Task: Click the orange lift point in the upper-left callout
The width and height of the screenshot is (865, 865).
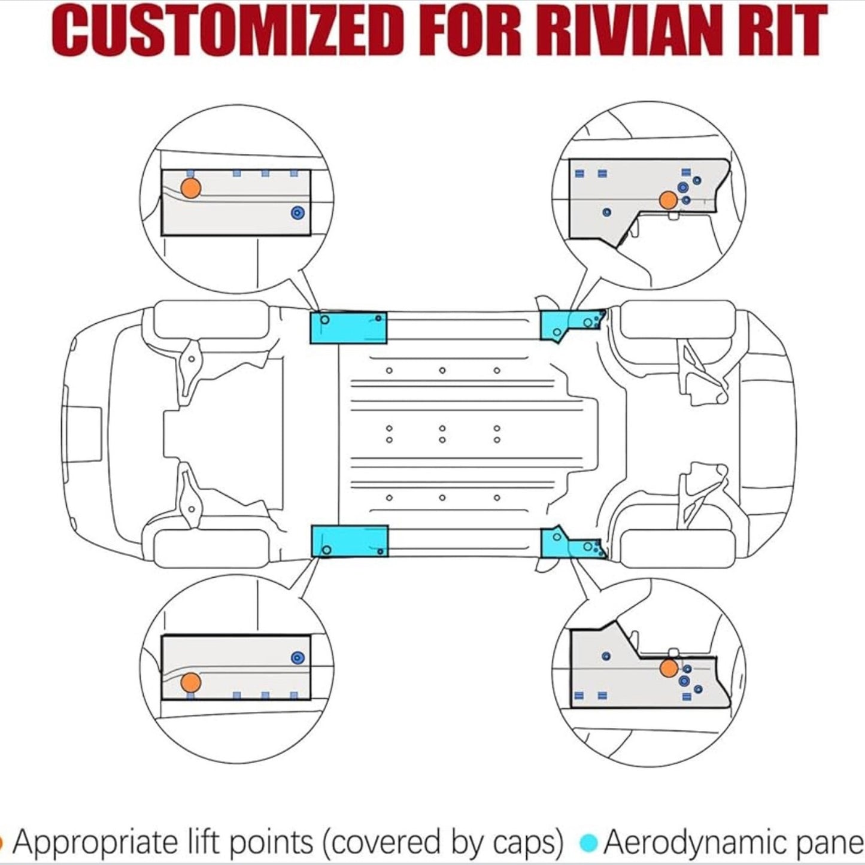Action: [x=190, y=188]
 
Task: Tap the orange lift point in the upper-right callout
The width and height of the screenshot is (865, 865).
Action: [x=668, y=200]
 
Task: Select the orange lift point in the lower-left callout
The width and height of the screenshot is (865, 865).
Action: [x=190, y=682]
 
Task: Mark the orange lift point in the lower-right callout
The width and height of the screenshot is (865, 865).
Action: [x=669, y=669]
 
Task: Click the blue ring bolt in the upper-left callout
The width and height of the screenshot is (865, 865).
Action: [x=297, y=213]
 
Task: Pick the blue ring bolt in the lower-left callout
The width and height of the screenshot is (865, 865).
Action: [x=297, y=658]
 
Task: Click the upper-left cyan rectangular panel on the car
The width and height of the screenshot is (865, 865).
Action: [x=348, y=328]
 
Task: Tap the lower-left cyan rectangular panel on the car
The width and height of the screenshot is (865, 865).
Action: [x=350, y=541]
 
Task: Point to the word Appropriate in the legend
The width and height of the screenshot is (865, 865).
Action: [x=94, y=843]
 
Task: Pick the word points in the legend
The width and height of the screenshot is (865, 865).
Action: [x=272, y=843]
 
